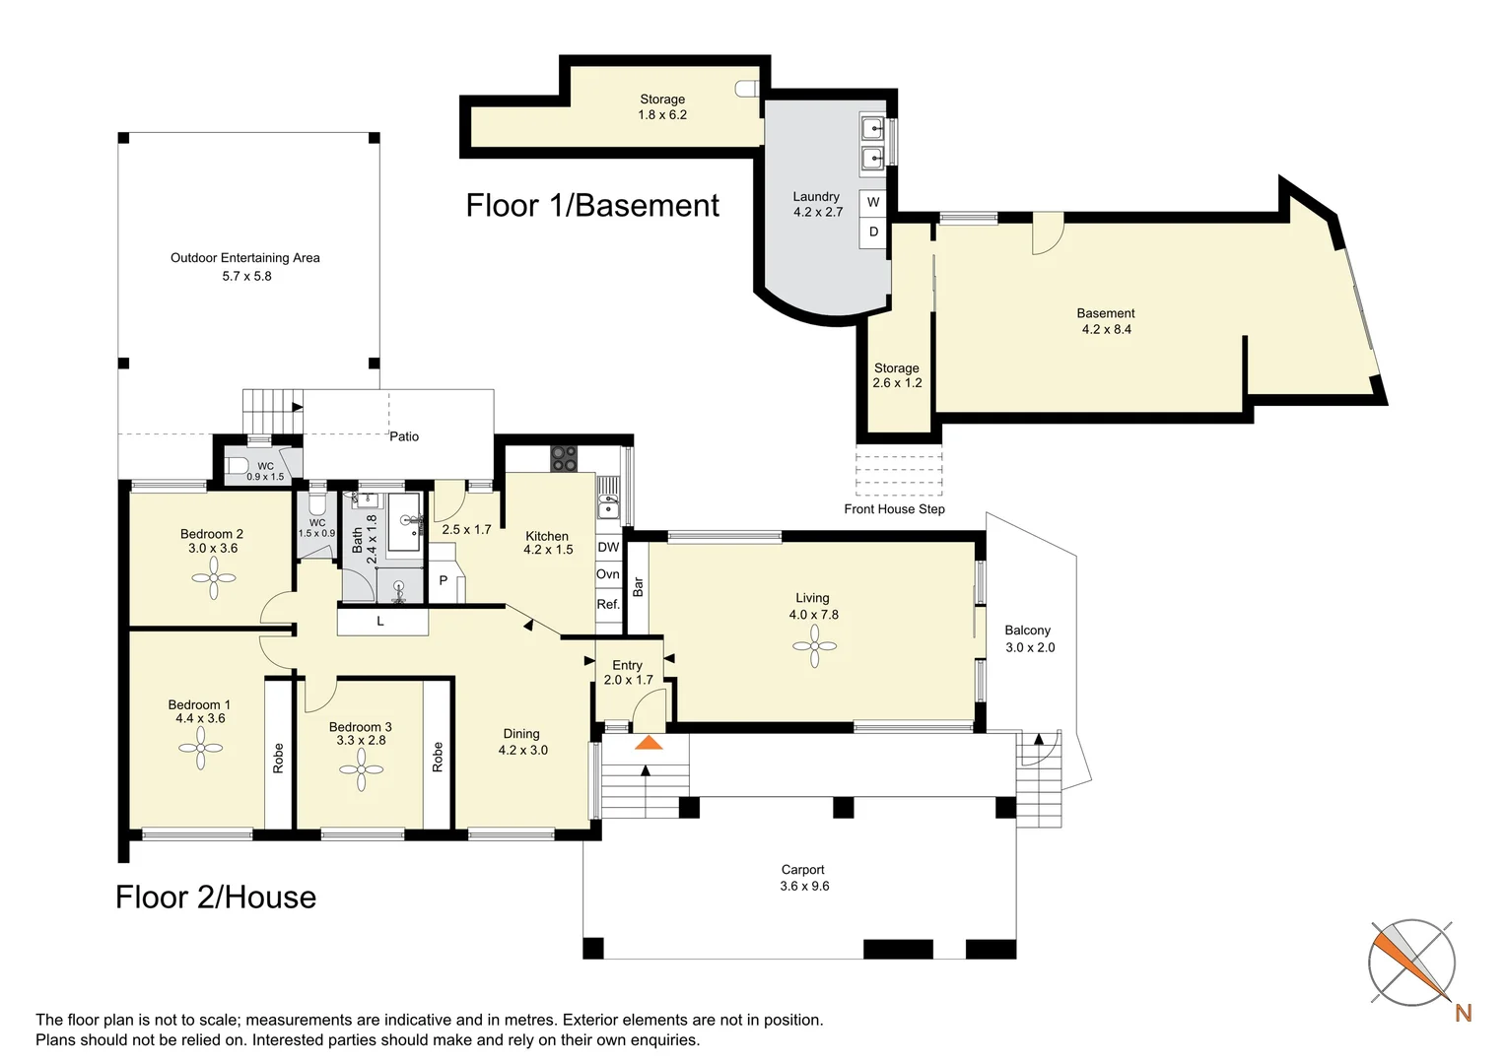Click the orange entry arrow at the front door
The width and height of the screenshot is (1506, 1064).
pyautogui.click(x=649, y=743)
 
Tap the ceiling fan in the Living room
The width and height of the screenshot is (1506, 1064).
pyautogui.click(x=814, y=646)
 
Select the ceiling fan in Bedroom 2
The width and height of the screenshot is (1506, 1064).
pyautogui.click(x=214, y=577)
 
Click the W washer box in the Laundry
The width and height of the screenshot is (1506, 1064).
pyautogui.click(x=872, y=202)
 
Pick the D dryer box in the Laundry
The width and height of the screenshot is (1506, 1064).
pyautogui.click(x=872, y=232)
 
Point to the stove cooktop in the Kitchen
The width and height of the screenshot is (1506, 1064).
pyautogui.click(x=564, y=459)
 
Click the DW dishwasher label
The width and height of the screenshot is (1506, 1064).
pyautogui.click(x=608, y=547)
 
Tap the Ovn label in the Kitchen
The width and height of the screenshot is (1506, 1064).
pyautogui.click(x=608, y=574)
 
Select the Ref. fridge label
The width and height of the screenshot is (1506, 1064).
pyautogui.click(x=608, y=604)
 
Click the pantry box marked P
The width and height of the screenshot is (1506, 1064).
pyautogui.click(x=444, y=580)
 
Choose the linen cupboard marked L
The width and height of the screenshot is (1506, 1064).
pyautogui.click(x=381, y=621)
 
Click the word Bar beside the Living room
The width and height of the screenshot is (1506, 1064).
pyautogui.click(x=638, y=587)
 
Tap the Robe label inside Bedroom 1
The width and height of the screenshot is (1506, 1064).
pyautogui.click(x=278, y=758)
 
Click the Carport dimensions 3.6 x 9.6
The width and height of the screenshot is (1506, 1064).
pyautogui.click(x=804, y=886)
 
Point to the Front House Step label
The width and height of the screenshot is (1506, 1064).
pyautogui.click(x=894, y=508)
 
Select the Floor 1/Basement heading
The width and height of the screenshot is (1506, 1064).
pyautogui.click(x=592, y=205)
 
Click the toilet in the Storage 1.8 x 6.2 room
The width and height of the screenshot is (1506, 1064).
pyautogui.click(x=747, y=89)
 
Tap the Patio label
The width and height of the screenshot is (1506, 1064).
pyautogui.click(x=404, y=436)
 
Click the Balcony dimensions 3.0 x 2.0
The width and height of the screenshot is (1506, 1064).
pyautogui.click(x=1030, y=647)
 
